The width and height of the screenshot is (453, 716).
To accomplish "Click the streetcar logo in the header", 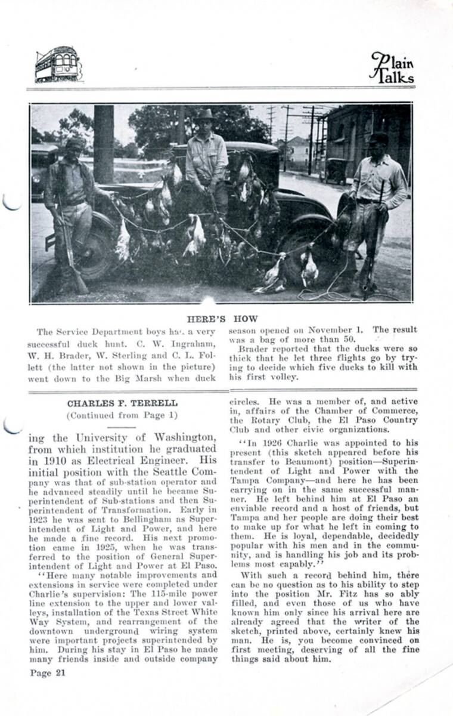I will pos(58,64).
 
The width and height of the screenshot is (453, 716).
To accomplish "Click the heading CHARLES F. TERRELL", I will pos(113,403).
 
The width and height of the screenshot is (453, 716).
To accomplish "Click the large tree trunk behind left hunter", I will pos(103,143).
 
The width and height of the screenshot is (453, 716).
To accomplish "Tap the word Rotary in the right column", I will pos(265,419).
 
